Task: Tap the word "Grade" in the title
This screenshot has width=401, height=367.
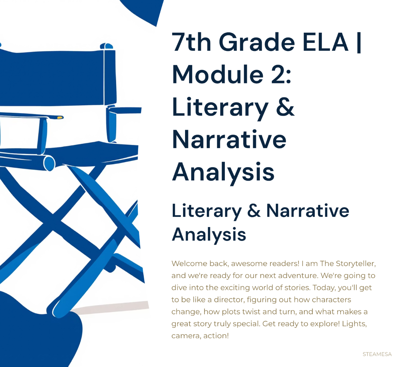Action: coord(257,42)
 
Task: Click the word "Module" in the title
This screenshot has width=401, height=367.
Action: coord(218,74)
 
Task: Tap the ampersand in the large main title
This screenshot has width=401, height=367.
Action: coord(285,107)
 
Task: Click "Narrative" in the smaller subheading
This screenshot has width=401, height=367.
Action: coord(307,211)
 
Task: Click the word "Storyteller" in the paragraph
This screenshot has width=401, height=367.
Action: coord(355,264)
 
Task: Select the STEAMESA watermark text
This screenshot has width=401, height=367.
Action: coord(377,354)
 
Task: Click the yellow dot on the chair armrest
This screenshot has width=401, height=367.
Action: coord(60,118)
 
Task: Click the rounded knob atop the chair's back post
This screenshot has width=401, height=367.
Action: coord(106,46)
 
